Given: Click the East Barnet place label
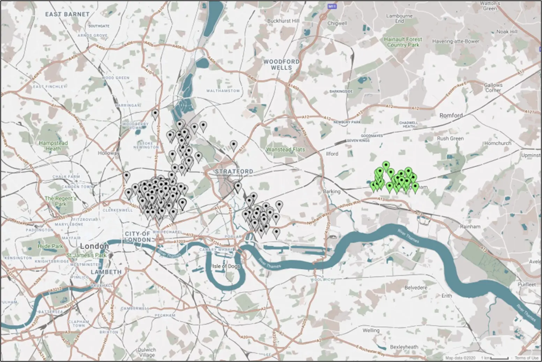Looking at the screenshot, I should click(67, 14).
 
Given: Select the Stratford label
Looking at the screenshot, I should click(234, 171).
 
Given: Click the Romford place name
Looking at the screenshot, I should click(451, 115).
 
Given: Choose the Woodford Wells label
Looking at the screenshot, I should click(281, 64).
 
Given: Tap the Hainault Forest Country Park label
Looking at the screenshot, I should click(403, 42).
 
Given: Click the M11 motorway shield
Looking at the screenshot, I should click(332, 6).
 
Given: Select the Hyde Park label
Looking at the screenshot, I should click(50, 246).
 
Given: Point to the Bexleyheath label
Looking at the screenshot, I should click(404, 347).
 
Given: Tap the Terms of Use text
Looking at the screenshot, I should click(526, 358).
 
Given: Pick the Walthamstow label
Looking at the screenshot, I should click(223, 91).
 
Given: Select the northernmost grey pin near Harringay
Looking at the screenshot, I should click(155, 113).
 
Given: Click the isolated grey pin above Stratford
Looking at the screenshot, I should click(233, 145).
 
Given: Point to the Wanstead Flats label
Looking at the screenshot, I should click(285, 149).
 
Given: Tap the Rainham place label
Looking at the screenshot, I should click(470, 227).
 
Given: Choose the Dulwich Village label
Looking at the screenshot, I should click(147, 352).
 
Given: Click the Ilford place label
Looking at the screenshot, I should click(332, 154).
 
